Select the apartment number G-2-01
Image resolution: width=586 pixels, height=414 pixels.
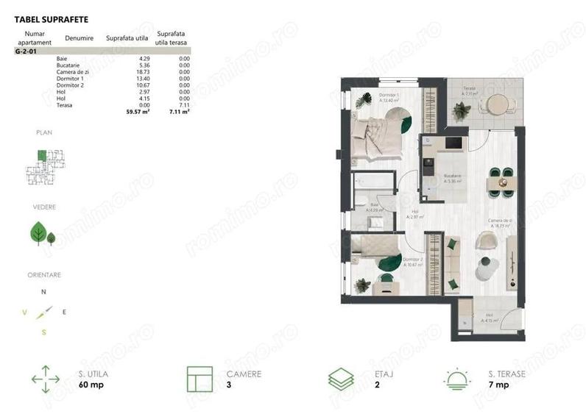click(x=27, y=53)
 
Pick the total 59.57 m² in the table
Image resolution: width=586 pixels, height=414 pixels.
click(x=138, y=113)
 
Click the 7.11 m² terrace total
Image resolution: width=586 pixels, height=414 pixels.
click(x=180, y=113)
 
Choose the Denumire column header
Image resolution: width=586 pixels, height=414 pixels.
click(x=79, y=37)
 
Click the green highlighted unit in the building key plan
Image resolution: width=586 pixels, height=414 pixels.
click(x=43, y=155)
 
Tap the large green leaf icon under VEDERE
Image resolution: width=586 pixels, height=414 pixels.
click(x=38, y=233)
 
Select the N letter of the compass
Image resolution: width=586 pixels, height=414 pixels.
click(x=43, y=291)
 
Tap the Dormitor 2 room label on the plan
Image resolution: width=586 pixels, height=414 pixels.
click(x=412, y=260)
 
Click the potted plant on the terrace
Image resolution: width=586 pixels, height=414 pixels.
click(x=462, y=111)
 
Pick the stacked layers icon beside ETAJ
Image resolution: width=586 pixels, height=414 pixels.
click(x=339, y=379)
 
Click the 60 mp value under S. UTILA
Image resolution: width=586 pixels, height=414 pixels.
click(x=90, y=385)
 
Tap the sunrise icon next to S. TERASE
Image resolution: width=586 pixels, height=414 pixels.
click(x=456, y=379)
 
